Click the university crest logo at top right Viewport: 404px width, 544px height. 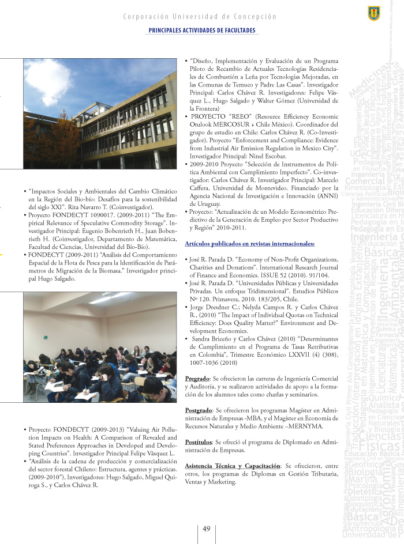(374, 12)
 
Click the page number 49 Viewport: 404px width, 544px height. (206, 529)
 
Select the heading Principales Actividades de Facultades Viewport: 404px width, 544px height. (202, 29)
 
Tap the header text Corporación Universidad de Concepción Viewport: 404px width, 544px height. (200, 17)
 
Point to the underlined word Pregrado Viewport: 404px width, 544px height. (197, 378)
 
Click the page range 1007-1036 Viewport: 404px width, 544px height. (204, 363)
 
